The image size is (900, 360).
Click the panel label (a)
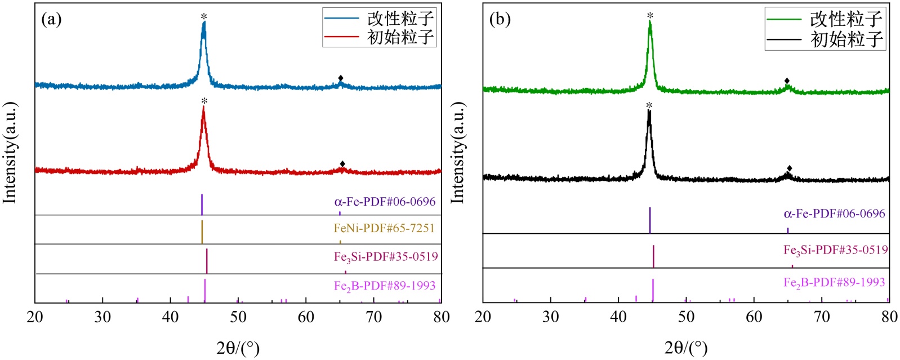pyautogui.click(x=51, y=20)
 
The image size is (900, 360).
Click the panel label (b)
pyautogui.click(x=500, y=20)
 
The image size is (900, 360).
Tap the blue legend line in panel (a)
pyautogui.click(x=341, y=18)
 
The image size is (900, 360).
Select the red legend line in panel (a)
pyautogui.click(x=341, y=37)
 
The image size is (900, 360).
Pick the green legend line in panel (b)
pyautogui.click(x=784, y=19)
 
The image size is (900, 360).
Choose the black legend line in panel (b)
pyautogui.click(x=784, y=39)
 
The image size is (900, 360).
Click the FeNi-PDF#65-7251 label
pyautogui.click(x=384, y=228)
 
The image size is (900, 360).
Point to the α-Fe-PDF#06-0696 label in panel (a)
pyautogui.click(x=385, y=202)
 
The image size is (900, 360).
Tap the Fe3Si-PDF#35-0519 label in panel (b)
pyautogui.click(x=836, y=250)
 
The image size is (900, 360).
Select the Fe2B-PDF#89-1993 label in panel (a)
pyautogui.click(x=385, y=286)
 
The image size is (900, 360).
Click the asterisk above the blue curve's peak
pyautogui.click(x=204, y=17)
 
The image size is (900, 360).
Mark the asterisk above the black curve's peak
pyautogui.click(x=649, y=106)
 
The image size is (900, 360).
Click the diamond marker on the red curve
pyautogui.click(x=342, y=164)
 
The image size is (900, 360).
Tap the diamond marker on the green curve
pyautogui.click(x=787, y=81)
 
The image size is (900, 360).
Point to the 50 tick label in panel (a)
pyautogui.click(x=238, y=317)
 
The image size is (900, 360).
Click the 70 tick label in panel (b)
pyautogui.click(x=822, y=317)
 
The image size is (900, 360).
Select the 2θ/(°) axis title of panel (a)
pyautogui.click(x=238, y=348)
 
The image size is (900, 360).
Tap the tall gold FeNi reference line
pyautogui.click(x=202, y=232)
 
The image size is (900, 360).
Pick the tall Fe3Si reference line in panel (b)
pyautogui.click(x=653, y=256)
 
